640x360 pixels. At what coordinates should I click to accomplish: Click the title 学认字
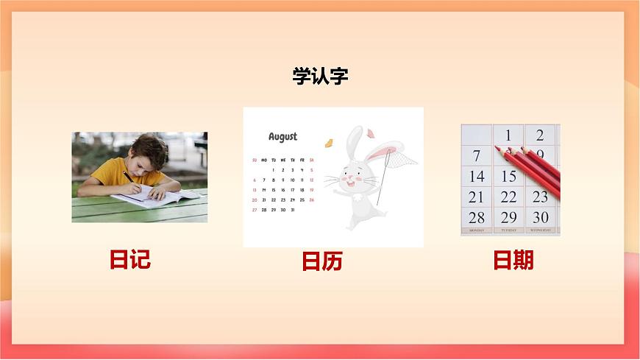point(320,77)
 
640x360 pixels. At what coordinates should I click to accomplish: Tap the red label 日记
point(129,259)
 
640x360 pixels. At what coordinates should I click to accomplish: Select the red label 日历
point(322,261)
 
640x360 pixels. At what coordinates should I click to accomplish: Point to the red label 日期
point(513,260)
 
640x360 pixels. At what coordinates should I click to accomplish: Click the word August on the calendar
point(282,136)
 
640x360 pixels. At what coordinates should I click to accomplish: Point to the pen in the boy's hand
point(127,176)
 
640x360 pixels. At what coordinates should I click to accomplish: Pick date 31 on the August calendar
point(292,210)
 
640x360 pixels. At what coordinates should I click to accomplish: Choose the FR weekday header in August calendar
point(302,160)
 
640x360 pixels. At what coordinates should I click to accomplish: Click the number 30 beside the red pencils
point(541,217)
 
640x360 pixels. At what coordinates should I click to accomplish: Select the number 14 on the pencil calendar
point(477,177)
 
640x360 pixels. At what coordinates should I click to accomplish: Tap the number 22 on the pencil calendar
point(508,197)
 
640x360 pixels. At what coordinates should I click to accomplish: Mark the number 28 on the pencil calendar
point(477,218)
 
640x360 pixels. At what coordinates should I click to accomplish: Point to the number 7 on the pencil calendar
point(477,156)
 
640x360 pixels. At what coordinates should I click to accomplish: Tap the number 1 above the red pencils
point(508,135)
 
